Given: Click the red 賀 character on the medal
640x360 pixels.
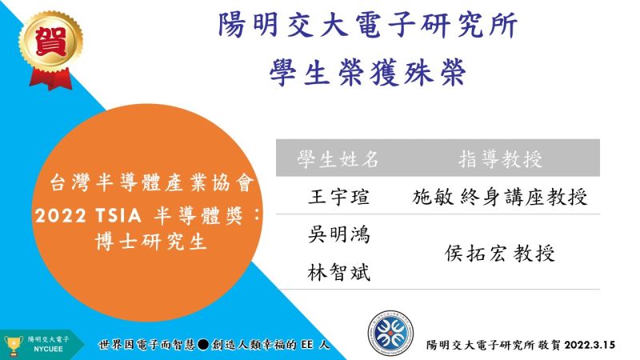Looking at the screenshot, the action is click(x=50, y=41).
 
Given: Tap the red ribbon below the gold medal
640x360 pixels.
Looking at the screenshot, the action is click(x=50, y=78).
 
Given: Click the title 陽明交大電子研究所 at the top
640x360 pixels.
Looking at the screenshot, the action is click(x=367, y=26).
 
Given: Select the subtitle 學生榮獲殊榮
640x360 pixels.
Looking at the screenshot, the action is click(x=367, y=72).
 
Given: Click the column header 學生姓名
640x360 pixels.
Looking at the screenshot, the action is click(x=338, y=158).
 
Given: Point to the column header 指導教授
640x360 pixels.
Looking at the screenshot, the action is click(x=501, y=158).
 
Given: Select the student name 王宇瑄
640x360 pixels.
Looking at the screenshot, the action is click(x=338, y=197).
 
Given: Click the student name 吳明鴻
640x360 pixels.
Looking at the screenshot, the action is click(x=338, y=234).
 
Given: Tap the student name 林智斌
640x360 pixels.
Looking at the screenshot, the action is click(x=338, y=272).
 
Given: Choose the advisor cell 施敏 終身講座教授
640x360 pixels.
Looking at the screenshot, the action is click(x=500, y=197).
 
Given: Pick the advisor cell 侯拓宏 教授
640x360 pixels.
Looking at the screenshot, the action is click(x=500, y=254).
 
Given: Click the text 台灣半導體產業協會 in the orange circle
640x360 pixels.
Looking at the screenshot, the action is click(x=152, y=182).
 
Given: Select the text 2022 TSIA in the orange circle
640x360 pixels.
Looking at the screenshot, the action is click(x=88, y=215).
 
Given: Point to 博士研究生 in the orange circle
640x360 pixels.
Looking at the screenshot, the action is click(x=151, y=242).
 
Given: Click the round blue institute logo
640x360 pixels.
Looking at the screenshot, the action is click(x=390, y=334).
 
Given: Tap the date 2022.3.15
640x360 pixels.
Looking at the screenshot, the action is click(x=590, y=345).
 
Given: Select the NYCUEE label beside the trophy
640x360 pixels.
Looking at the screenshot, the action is click(x=48, y=350).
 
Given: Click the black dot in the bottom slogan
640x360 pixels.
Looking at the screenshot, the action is click(x=203, y=345).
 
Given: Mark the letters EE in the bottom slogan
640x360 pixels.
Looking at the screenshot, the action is click(x=307, y=345).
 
